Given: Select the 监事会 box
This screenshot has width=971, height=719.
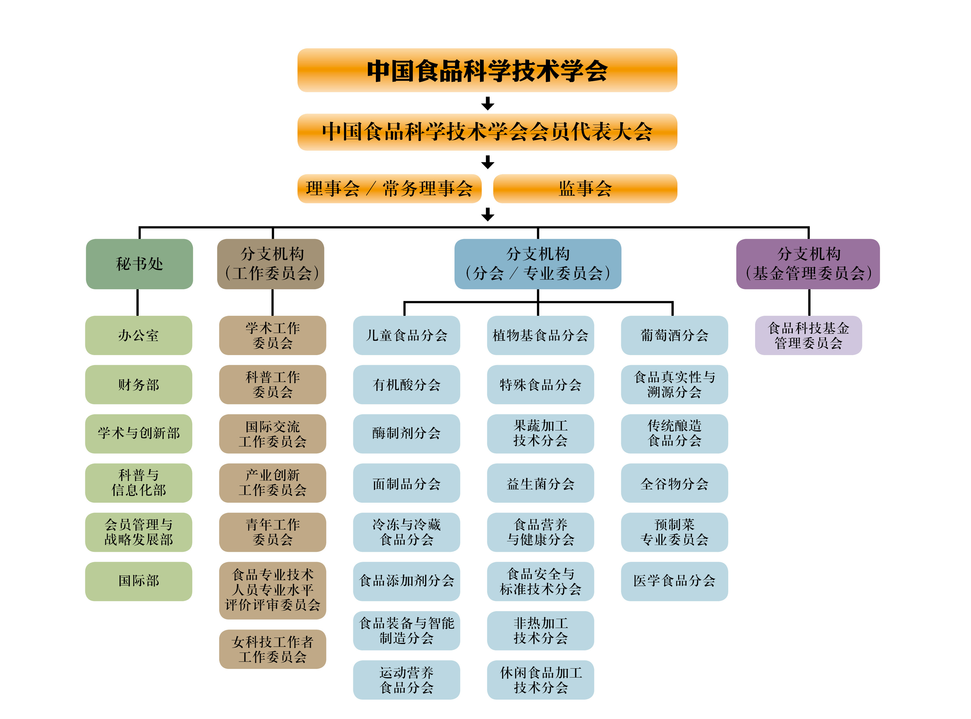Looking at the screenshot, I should click(x=585, y=188).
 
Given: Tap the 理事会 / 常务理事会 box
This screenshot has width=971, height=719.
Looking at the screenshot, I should click(x=389, y=188).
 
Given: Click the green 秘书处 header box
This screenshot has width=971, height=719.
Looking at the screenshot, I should click(x=139, y=264).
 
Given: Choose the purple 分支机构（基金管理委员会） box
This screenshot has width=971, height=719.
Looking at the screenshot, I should click(x=808, y=264).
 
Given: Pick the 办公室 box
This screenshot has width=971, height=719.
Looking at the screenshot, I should click(x=138, y=335).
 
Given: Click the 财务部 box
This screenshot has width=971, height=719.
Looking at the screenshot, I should click(x=138, y=384).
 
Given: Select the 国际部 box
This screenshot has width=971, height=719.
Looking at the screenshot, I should click(x=138, y=581).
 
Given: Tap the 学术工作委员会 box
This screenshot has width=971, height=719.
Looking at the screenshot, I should click(x=272, y=335).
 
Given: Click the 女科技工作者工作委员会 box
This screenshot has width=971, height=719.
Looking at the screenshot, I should click(x=272, y=649).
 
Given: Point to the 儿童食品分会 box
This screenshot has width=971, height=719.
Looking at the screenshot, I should click(x=407, y=335).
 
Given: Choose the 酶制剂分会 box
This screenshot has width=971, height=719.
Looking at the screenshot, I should click(x=407, y=433).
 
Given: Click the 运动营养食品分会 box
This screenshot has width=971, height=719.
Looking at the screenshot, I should click(x=407, y=680).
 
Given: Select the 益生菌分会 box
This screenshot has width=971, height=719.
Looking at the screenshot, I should click(x=540, y=483).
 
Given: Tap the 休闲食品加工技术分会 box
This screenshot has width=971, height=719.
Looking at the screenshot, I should click(x=540, y=680).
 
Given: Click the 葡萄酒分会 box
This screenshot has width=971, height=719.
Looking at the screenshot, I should click(x=674, y=335).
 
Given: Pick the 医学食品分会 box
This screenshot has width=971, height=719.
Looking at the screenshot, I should click(x=674, y=581).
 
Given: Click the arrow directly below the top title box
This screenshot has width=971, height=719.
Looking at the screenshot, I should click(x=487, y=104).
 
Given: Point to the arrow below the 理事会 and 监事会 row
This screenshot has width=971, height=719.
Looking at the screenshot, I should click(x=487, y=214).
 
